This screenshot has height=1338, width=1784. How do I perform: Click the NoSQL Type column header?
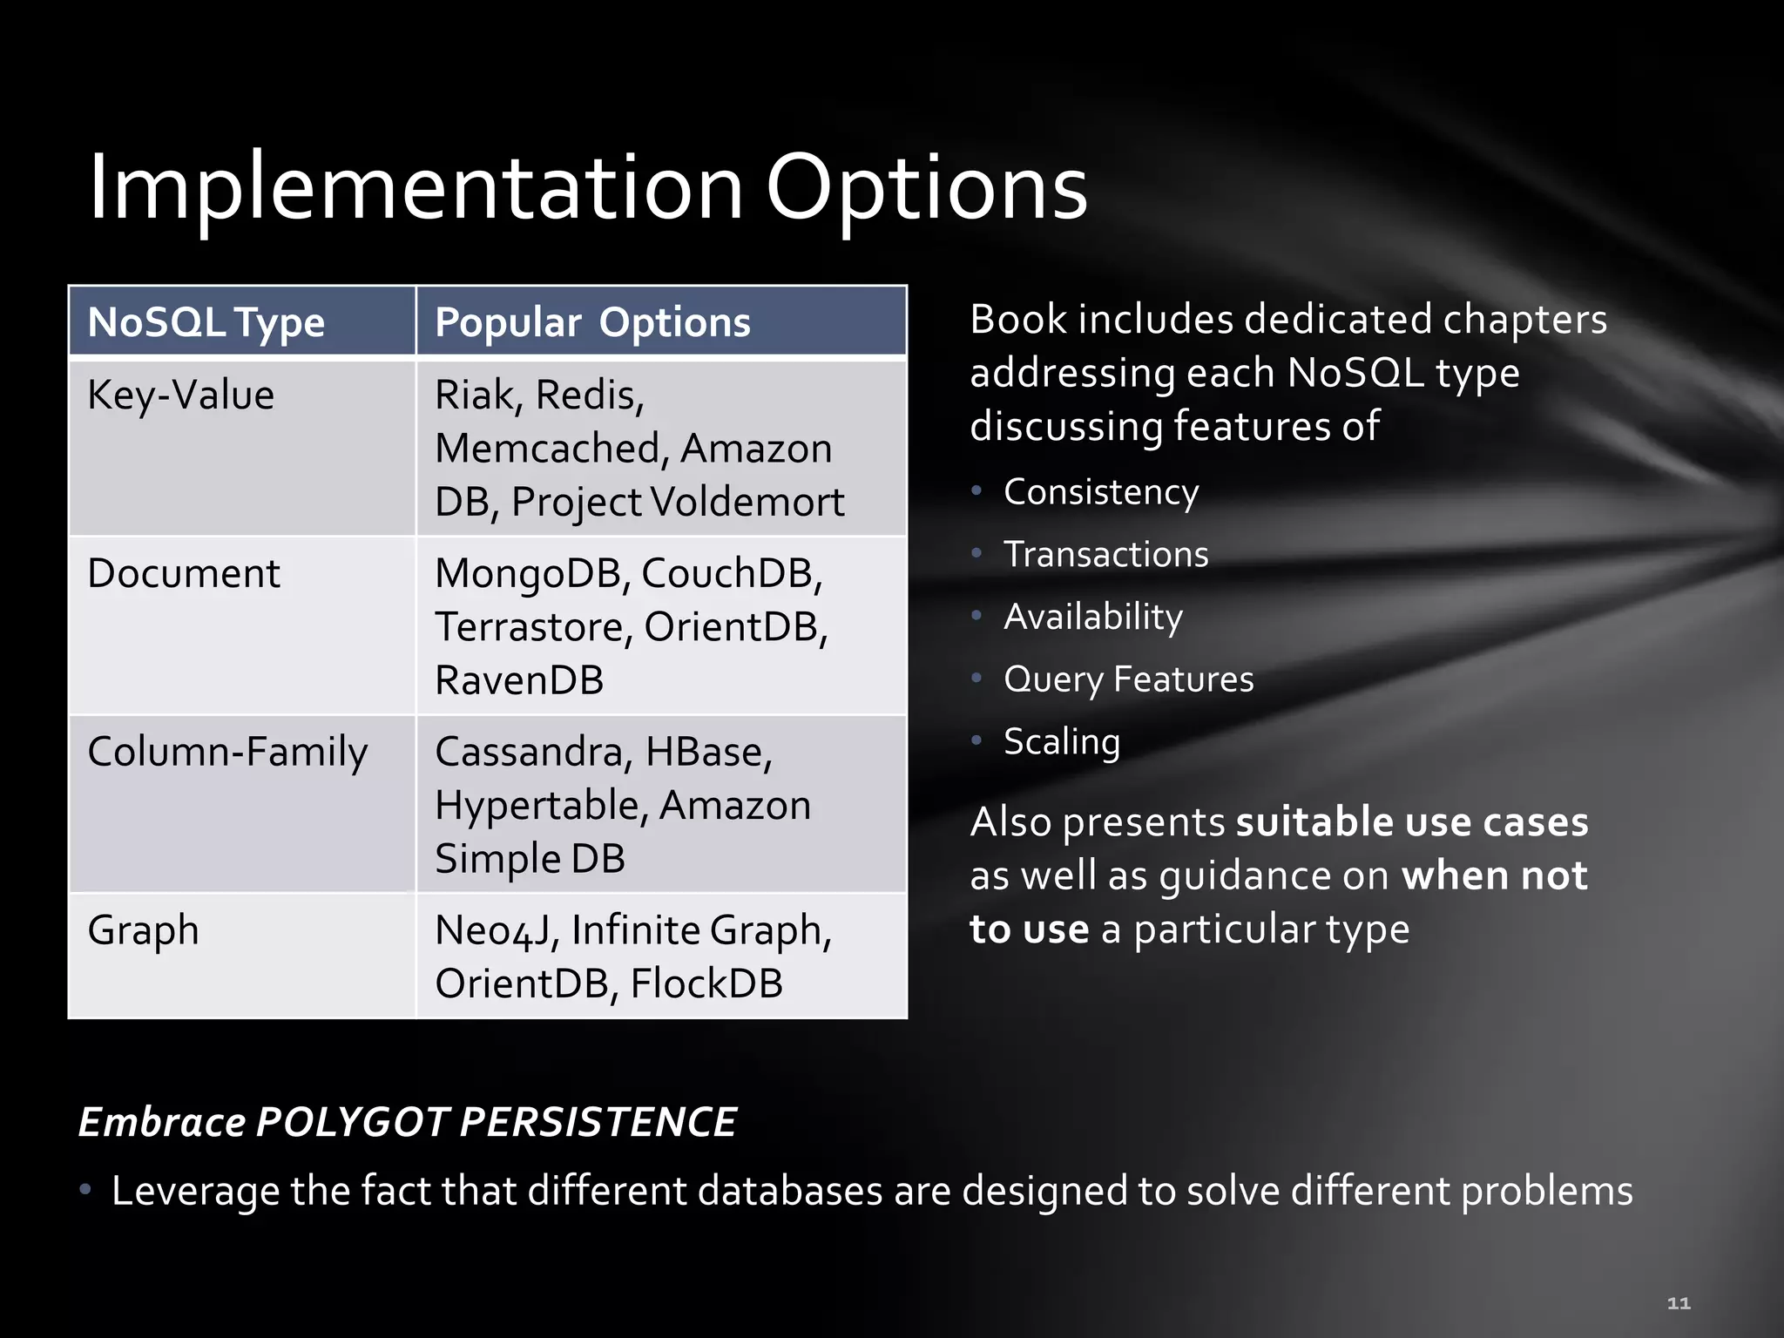point(206,322)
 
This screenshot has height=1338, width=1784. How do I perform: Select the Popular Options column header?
point(592,322)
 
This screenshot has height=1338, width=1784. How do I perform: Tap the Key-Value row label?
point(180,395)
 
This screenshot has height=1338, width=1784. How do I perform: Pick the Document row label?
point(183,573)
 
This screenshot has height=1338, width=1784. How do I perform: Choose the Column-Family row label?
point(227,752)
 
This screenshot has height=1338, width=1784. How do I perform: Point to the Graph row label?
point(143,930)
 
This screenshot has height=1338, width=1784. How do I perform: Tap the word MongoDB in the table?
point(532,573)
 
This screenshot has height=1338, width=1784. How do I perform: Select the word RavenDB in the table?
point(519,680)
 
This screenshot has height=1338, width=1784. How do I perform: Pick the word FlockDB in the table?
point(706,983)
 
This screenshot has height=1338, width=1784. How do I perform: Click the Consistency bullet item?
point(1101,492)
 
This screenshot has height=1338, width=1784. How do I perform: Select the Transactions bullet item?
point(1105,554)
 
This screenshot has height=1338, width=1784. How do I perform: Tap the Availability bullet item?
point(1093,617)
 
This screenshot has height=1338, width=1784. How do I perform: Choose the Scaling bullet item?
point(1062,742)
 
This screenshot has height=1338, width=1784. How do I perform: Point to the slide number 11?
point(1679,1303)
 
